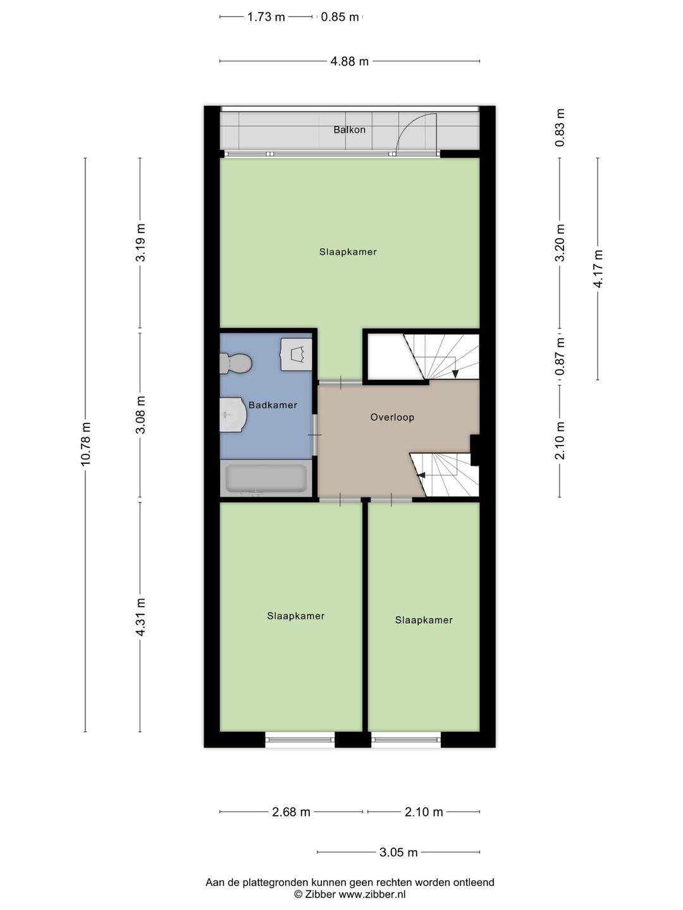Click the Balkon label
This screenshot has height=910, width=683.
click(349, 130)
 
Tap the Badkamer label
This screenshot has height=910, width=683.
click(273, 405)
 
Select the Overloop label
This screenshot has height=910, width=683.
click(392, 417)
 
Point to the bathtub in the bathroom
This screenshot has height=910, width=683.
click(266, 479)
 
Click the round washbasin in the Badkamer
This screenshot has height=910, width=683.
click(232, 415)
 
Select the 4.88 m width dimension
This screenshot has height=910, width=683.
click(349, 61)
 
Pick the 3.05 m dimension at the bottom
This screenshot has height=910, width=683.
click(398, 852)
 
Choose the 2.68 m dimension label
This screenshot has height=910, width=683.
click(291, 812)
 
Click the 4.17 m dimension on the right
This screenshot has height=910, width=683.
click(598, 269)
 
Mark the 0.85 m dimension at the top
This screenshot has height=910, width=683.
click(340, 17)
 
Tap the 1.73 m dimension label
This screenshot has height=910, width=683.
click(266, 17)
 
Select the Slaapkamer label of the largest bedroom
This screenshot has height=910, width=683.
click(348, 252)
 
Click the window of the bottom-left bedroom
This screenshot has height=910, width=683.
click(300, 739)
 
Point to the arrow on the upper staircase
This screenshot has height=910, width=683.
click(455, 372)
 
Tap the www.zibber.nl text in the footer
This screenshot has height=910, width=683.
click(372, 894)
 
